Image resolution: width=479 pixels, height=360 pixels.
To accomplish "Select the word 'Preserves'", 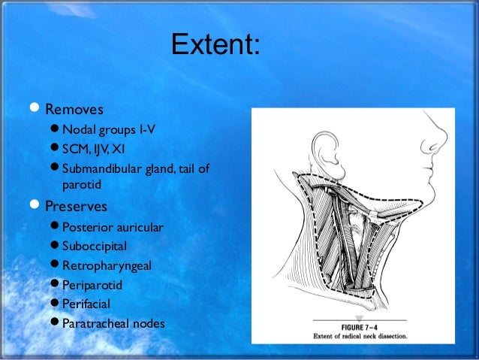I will tap(76, 205).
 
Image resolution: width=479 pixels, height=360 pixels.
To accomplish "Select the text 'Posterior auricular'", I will tap(113, 227).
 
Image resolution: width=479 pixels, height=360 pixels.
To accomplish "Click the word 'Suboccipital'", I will tap(95, 246).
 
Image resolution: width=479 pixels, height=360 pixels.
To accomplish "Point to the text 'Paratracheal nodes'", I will tap(113, 324).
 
